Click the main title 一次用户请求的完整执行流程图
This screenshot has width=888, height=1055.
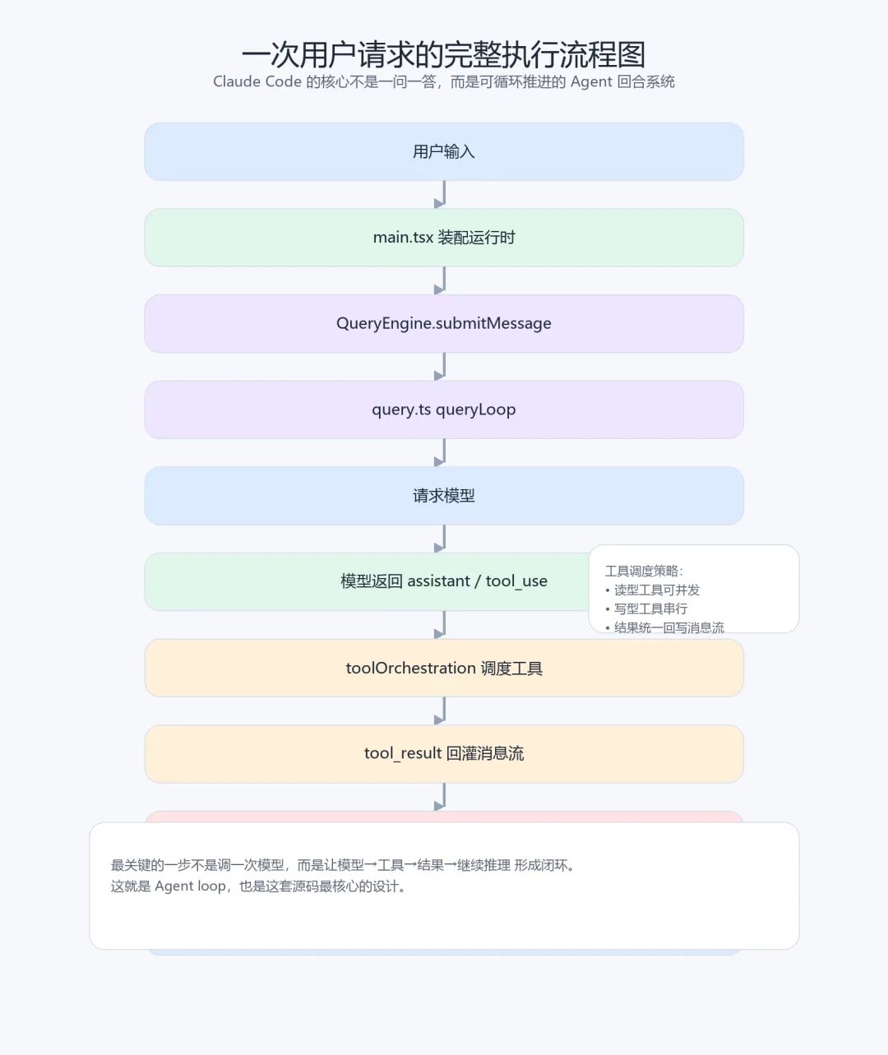(443, 54)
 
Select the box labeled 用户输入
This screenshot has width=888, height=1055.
(443, 151)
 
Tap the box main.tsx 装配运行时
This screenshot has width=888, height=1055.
(443, 238)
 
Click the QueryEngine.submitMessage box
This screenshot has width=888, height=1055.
(443, 323)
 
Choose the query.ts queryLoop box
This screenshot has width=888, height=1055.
(443, 410)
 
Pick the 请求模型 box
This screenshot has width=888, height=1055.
(443, 496)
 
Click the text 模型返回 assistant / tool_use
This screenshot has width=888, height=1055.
(443, 581)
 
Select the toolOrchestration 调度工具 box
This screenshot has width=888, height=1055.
(443, 668)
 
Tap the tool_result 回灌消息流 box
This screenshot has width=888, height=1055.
(443, 753)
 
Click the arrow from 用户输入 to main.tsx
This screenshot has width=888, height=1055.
(442, 195)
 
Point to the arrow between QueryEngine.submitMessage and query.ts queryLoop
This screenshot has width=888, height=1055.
(442, 367)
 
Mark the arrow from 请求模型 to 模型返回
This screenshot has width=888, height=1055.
(442, 539)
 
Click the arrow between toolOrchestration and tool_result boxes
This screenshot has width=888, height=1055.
(442, 710)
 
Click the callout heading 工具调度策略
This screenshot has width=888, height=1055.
(644, 571)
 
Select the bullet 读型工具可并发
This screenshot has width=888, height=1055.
(656, 590)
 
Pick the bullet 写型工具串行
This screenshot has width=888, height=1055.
(650, 608)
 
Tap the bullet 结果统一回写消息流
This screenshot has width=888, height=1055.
(668, 627)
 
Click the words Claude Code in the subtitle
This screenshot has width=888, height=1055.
(257, 81)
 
